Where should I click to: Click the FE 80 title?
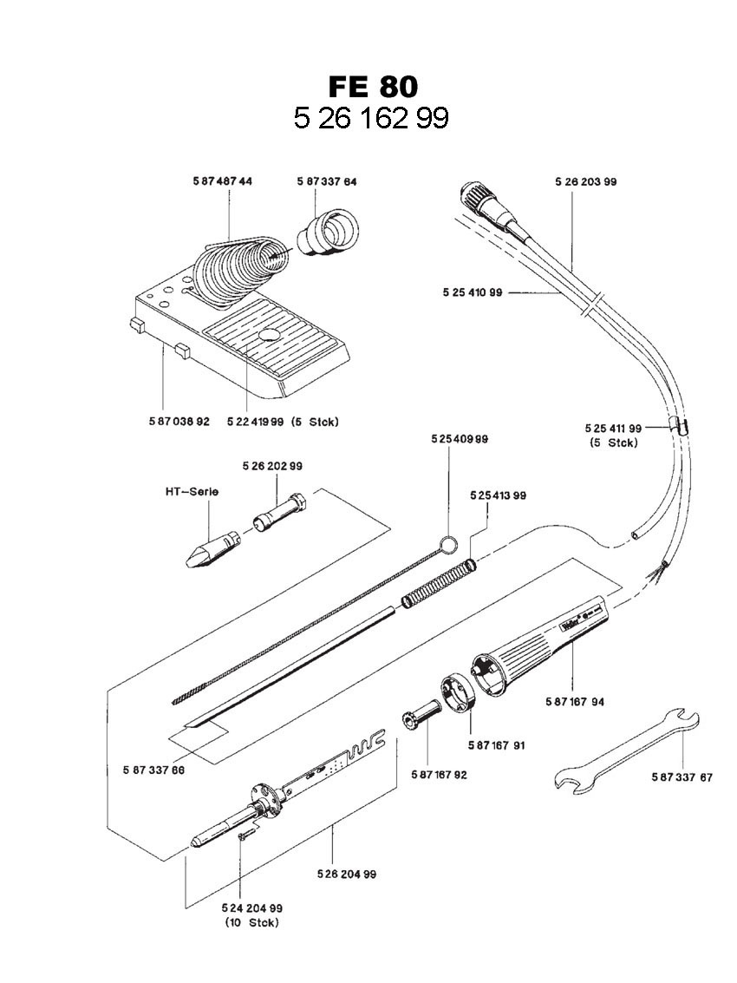373,87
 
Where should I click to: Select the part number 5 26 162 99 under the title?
371,118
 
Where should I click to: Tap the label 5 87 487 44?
223,181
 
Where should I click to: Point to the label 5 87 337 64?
327,181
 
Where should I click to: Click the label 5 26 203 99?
585,181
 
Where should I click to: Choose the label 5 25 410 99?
473,292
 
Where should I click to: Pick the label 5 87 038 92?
179,422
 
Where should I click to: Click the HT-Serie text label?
192,491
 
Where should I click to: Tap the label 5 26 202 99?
272,466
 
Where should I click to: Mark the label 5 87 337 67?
682,777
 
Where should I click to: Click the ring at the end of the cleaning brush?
448,545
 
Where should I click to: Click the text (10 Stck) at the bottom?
251,922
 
